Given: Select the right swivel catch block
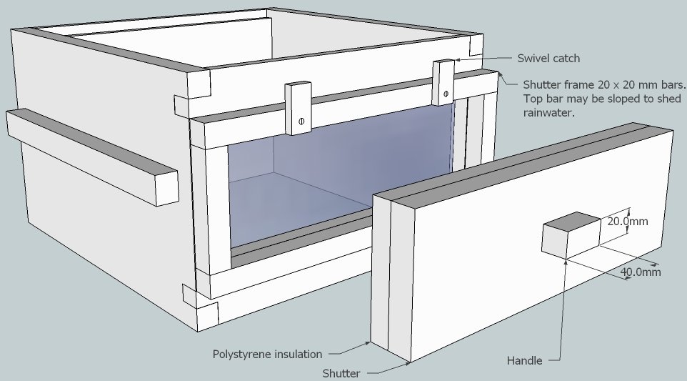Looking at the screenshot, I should point(443,81).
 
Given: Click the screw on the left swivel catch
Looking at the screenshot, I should point(301,121).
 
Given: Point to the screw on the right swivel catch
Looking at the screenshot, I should point(446,94).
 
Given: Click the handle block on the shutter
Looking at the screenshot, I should point(571,234).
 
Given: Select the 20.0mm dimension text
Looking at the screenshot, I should point(628,222).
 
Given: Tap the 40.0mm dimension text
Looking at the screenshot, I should point(640,272).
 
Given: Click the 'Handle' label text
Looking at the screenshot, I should point(524,361).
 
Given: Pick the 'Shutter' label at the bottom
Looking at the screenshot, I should point(341,373).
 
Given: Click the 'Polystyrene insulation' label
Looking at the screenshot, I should point(267,354).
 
